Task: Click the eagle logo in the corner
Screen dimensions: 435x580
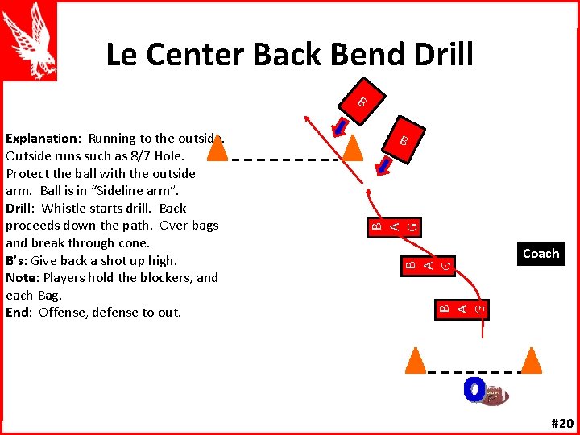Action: (31, 40)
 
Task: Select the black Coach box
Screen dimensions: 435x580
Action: (541, 254)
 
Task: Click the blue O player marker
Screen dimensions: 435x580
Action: (474, 390)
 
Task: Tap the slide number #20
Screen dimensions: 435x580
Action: (561, 424)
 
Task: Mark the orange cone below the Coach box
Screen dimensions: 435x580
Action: (531, 362)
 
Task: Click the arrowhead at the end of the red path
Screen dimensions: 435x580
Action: (305, 118)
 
